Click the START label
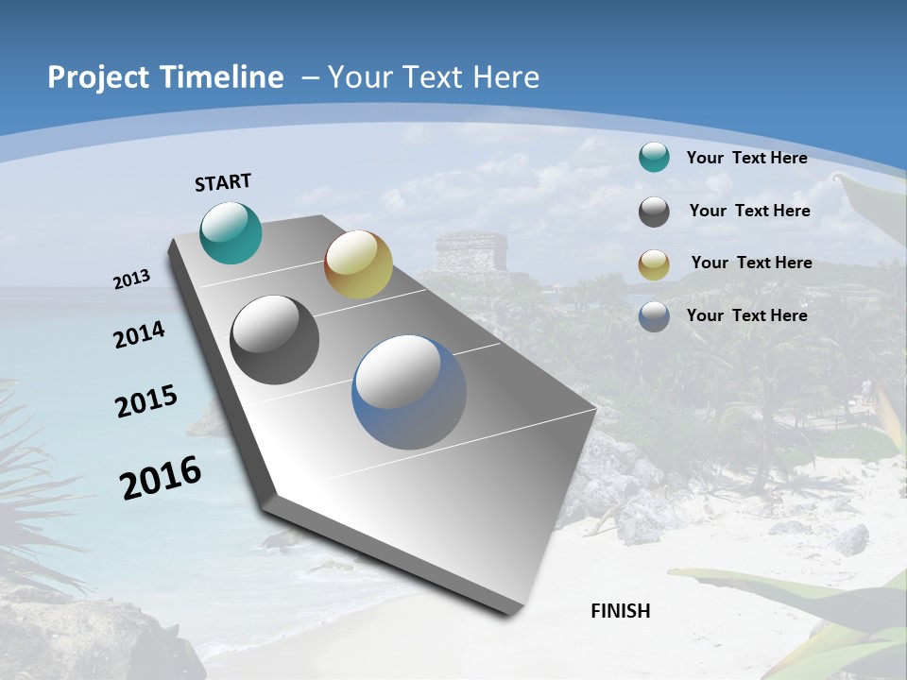(223, 182)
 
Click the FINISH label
(621, 611)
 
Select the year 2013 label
(132, 280)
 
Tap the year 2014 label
(139, 334)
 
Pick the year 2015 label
(146, 401)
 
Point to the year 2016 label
(161, 478)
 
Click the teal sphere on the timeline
(231, 232)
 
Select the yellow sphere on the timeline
(358, 264)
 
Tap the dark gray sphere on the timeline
(275, 340)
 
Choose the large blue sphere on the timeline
(409, 392)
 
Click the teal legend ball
(654, 158)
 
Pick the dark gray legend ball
(654, 212)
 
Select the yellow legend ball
(654, 263)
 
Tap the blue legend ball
(654, 316)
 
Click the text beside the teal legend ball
(746, 158)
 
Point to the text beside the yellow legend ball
(751, 263)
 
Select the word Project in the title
(98, 77)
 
